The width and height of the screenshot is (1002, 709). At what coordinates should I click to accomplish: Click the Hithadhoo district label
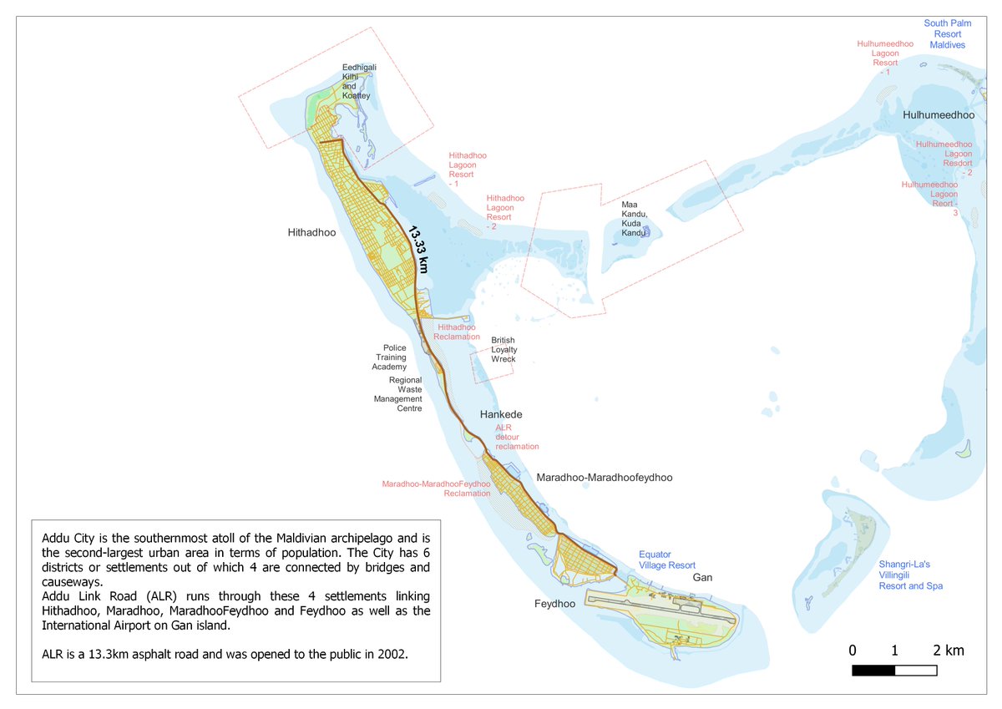pos(311,233)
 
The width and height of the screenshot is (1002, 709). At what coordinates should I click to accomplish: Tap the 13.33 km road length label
pos(418,248)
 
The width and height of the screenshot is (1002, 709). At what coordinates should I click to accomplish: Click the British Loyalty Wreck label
pos(504,349)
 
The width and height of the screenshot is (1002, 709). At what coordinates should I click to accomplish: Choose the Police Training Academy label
pos(394,357)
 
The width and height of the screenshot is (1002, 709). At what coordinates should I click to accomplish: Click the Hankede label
pos(501,415)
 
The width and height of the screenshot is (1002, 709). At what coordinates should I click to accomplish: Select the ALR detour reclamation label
pos(517,437)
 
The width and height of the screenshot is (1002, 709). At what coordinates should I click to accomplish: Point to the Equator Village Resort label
pos(666,560)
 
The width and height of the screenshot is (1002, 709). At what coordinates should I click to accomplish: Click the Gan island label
pos(701,578)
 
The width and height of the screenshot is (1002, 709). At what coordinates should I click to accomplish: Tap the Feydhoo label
pos(554,604)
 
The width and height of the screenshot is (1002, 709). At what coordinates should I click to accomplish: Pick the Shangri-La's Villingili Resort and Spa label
pos(910,575)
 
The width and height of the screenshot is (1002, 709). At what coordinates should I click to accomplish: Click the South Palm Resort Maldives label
pos(948,33)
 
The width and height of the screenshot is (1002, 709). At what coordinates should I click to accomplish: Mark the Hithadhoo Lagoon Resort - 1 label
pos(467,170)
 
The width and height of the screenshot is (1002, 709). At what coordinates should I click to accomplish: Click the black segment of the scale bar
pos(873,671)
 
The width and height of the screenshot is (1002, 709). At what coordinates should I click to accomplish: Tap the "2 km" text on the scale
pos(948,651)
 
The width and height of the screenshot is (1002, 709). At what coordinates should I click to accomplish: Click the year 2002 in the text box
pos(392,655)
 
